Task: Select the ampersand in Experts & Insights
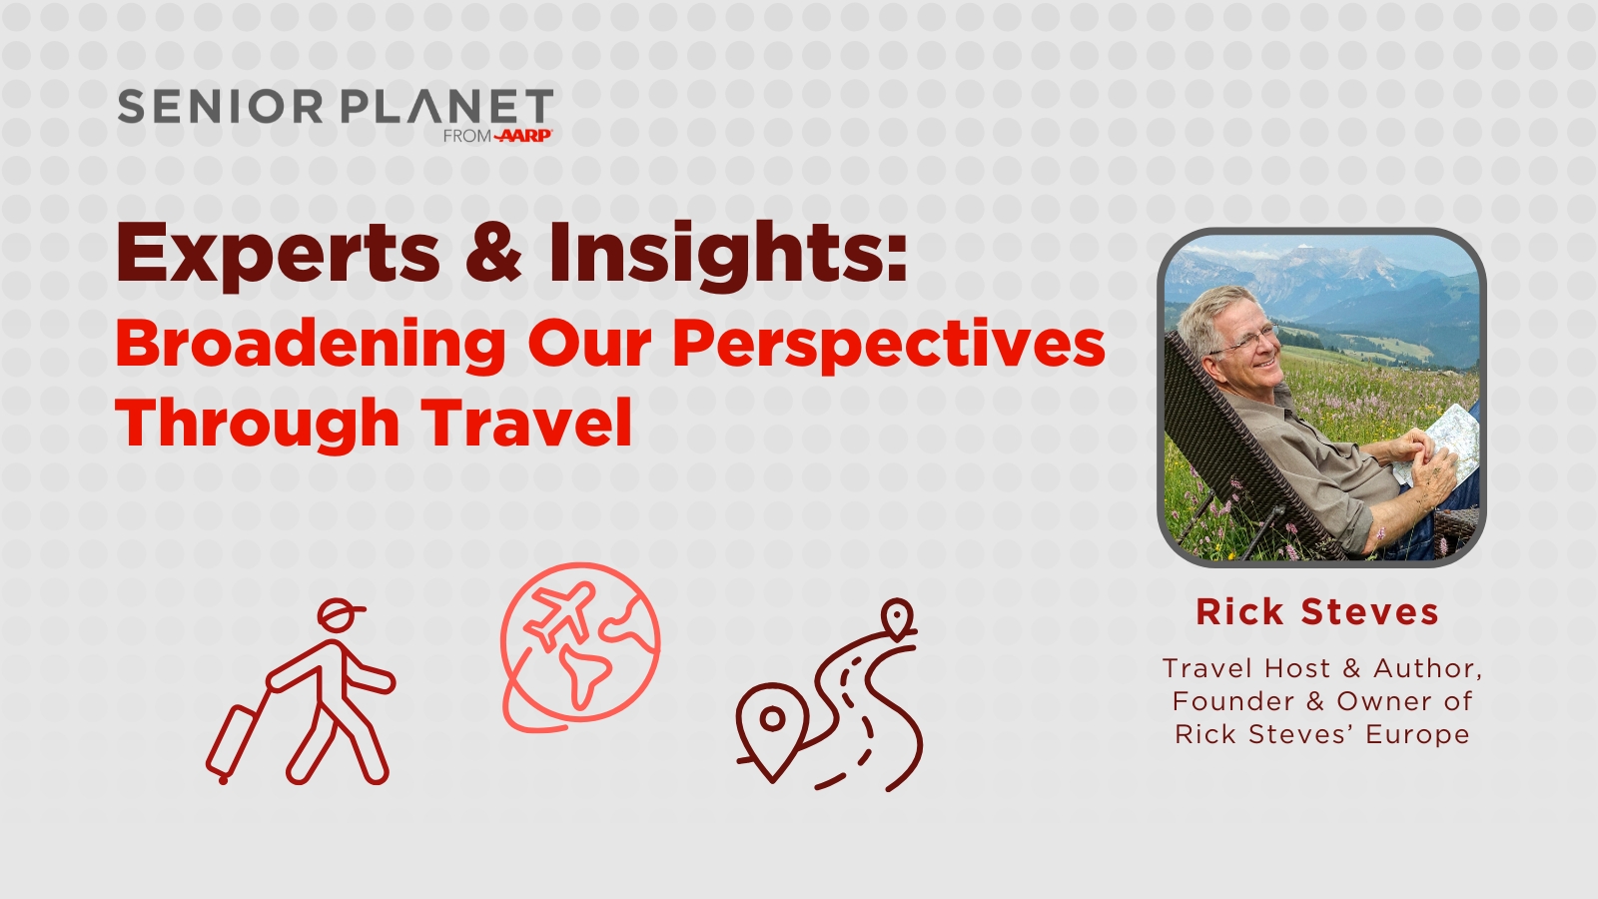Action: click(x=493, y=251)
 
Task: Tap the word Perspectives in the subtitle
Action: click(x=889, y=346)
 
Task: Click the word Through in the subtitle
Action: click(x=257, y=426)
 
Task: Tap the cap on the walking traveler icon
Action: click(x=340, y=613)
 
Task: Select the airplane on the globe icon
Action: click(x=560, y=615)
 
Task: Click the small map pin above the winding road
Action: click(x=897, y=616)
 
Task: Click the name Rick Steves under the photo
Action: click(x=1317, y=612)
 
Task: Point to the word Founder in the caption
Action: click(x=1233, y=701)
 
